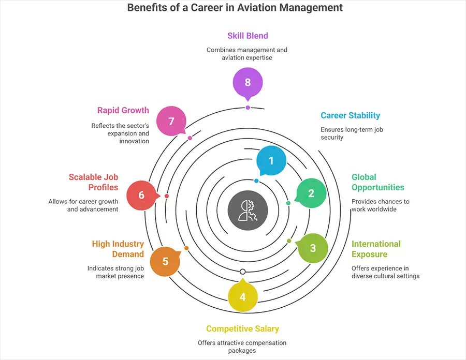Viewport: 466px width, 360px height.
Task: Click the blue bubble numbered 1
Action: pos(271,161)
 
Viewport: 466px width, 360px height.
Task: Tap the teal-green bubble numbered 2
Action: pos(311,193)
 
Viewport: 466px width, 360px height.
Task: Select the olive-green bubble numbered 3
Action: pos(313,248)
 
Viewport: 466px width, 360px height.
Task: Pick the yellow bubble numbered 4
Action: pos(243,297)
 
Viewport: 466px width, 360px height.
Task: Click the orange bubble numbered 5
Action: pos(165,261)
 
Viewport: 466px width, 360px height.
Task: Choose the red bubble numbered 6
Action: pos(141,195)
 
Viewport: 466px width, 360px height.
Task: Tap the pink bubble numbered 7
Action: pos(171,121)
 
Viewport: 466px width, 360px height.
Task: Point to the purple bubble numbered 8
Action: pos(247,82)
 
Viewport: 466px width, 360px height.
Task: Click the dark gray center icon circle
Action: pos(248,211)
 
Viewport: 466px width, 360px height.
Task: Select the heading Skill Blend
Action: pos(247,36)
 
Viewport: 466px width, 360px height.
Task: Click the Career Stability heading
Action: pos(350,115)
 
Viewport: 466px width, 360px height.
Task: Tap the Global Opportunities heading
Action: pos(377,182)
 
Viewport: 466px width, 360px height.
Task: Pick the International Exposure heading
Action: pos(376,249)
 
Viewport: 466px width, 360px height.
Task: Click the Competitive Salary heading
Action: pos(242,328)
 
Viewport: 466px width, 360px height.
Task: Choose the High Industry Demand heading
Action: pos(118,249)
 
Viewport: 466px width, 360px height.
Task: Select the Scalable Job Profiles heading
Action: pos(93,182)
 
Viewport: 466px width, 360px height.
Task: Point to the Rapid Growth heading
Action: pos(123,110)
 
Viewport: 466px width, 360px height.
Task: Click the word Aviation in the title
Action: pos(244,8)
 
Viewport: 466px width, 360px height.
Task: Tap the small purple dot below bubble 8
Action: pos(247,108)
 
